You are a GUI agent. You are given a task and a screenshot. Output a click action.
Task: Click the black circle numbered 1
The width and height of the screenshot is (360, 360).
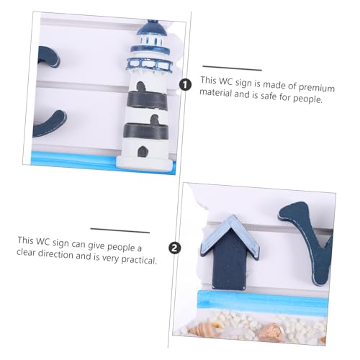coord(186,85)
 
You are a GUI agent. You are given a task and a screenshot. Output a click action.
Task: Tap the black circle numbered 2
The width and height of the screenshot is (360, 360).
coord(174,247)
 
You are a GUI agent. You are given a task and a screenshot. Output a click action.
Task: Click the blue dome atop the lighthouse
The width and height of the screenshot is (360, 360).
coord(149,30)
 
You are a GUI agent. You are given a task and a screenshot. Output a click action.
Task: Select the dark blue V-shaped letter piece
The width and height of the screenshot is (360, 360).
coord(302,230)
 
